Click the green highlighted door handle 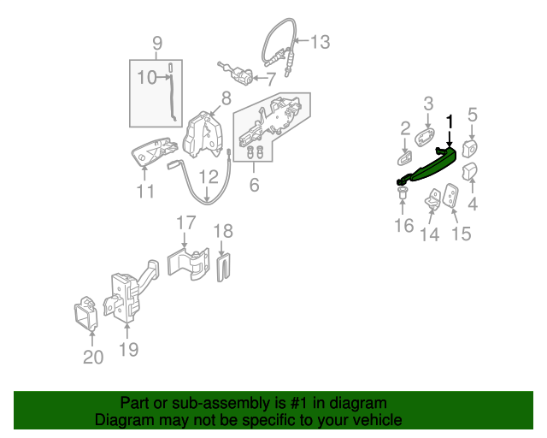pos(427,166)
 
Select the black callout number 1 pos(450,121)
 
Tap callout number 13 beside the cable pos(320,42)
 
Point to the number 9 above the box pos(157,44)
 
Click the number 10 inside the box pos(147,77)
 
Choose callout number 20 pos(93,357)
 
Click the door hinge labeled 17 pos(189,263)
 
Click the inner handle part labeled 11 pos(154,151)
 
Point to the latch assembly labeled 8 pos(203,135)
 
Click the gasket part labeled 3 pos(425,137)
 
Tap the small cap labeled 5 pos(469,149)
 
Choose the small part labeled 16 pos(403,193)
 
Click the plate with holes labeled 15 pos(450,196)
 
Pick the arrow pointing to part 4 pos(473,186)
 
